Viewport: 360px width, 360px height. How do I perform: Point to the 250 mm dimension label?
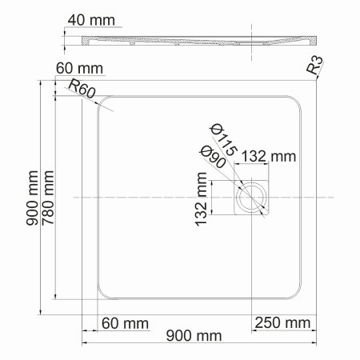282,322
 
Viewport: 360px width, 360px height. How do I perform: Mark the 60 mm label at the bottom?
124,322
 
